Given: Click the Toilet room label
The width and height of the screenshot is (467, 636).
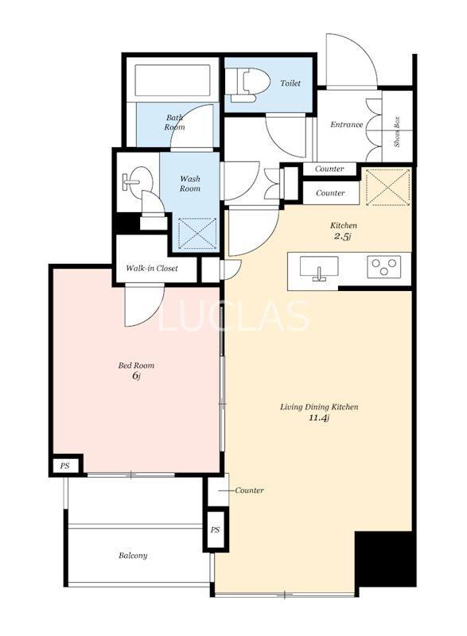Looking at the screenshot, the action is point(290,83).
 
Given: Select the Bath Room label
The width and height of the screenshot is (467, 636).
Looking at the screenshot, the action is point(174,122).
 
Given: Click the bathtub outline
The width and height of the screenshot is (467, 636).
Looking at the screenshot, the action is point(173,80).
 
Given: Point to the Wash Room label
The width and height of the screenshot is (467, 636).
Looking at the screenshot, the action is point(190,184).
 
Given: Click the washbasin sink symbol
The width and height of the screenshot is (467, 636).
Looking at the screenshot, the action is point(138,180).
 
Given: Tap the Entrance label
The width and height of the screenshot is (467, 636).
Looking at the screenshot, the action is point(346,125).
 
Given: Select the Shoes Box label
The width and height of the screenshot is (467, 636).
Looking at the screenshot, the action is point(397,132).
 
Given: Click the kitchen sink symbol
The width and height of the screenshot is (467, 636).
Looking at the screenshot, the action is point(319,268).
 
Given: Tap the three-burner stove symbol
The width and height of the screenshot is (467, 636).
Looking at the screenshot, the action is point(383,266).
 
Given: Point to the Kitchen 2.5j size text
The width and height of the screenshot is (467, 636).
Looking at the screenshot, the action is point(341,236).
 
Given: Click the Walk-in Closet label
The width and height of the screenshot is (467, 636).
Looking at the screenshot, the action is point(152,268).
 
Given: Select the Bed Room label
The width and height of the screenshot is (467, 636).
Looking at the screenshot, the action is point(136,366).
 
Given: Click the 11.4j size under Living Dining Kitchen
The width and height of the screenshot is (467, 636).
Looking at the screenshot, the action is point(318,418).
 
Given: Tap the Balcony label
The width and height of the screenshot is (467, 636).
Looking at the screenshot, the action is point(133,556).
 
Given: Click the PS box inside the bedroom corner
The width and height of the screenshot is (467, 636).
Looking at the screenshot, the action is point(65,466).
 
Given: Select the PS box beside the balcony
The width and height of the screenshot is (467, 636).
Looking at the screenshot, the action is point(215,529).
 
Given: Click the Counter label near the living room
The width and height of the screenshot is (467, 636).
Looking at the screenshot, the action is point(249,491).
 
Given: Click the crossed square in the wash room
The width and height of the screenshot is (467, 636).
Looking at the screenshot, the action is point(197,233).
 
